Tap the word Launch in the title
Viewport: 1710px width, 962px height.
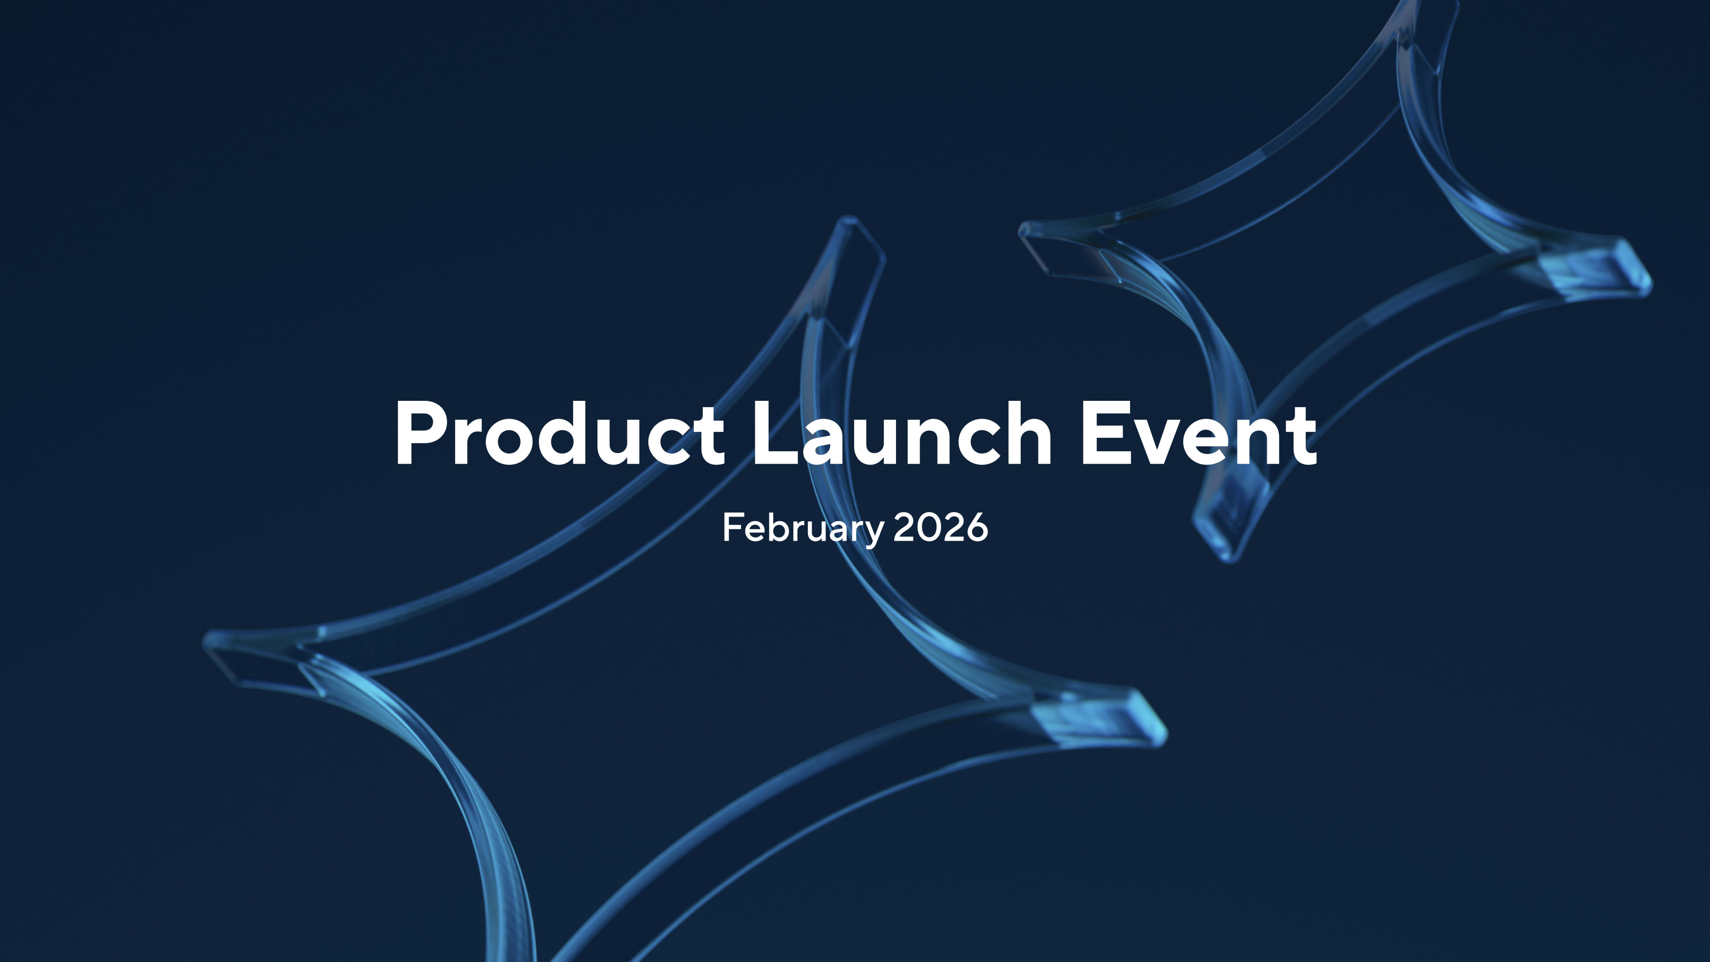click(x=901, y=433)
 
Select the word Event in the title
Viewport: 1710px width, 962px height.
click(x=1199, y=433)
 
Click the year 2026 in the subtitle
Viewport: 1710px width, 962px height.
click(x=940, y=528)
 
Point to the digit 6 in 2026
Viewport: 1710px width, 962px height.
click(x=977, y=528)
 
